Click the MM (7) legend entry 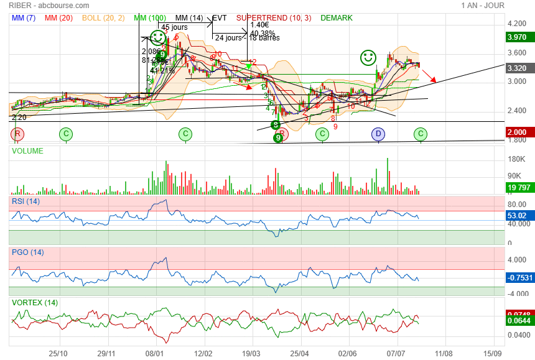(x=24, y=18)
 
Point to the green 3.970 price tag (x=518, y=37)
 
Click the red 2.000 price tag (x=518, y=132)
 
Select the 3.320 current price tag (x=518, y=68)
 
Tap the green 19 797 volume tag (x=518, y=187)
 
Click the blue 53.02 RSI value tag (x=518, y=216)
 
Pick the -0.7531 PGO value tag (x=518, y=278)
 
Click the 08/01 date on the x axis (x=155, y=353)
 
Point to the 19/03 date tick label (x=251, y=353)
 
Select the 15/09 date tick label (x=493, y=353)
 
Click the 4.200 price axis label (x=517, y=24)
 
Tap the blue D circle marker (x=378, y=134)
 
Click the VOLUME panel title (x=27, y=150)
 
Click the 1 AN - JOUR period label (x=483, y=6)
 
